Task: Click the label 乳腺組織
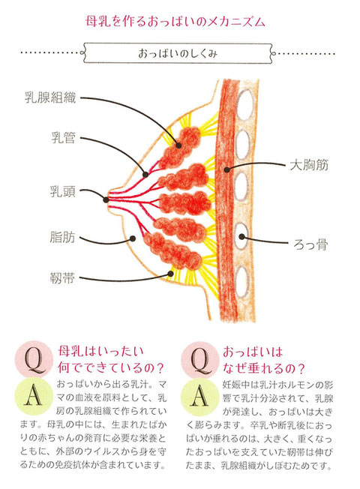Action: pos(50,97)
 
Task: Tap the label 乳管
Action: pos(63,137)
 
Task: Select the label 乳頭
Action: pos(63,191)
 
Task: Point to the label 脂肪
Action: pos(62,237)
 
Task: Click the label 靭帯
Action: pos(62,277)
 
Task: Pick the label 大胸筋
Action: pos(309,165)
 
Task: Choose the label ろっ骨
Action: pos(310,244)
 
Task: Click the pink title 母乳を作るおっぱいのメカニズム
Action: pos(175,22)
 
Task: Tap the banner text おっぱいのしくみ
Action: pos(178,53)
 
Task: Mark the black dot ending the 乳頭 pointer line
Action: pos(106,199)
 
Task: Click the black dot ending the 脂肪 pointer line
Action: pos(133,238)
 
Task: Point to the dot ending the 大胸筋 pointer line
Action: pos(227,169)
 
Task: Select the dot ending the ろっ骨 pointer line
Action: pos(241,237)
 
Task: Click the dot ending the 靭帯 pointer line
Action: pos(170,274)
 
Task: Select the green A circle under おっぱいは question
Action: pos(200,397)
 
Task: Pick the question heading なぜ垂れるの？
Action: pos(264,368)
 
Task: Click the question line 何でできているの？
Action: pos(111,367)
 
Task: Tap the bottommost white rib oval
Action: pos(243,282)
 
